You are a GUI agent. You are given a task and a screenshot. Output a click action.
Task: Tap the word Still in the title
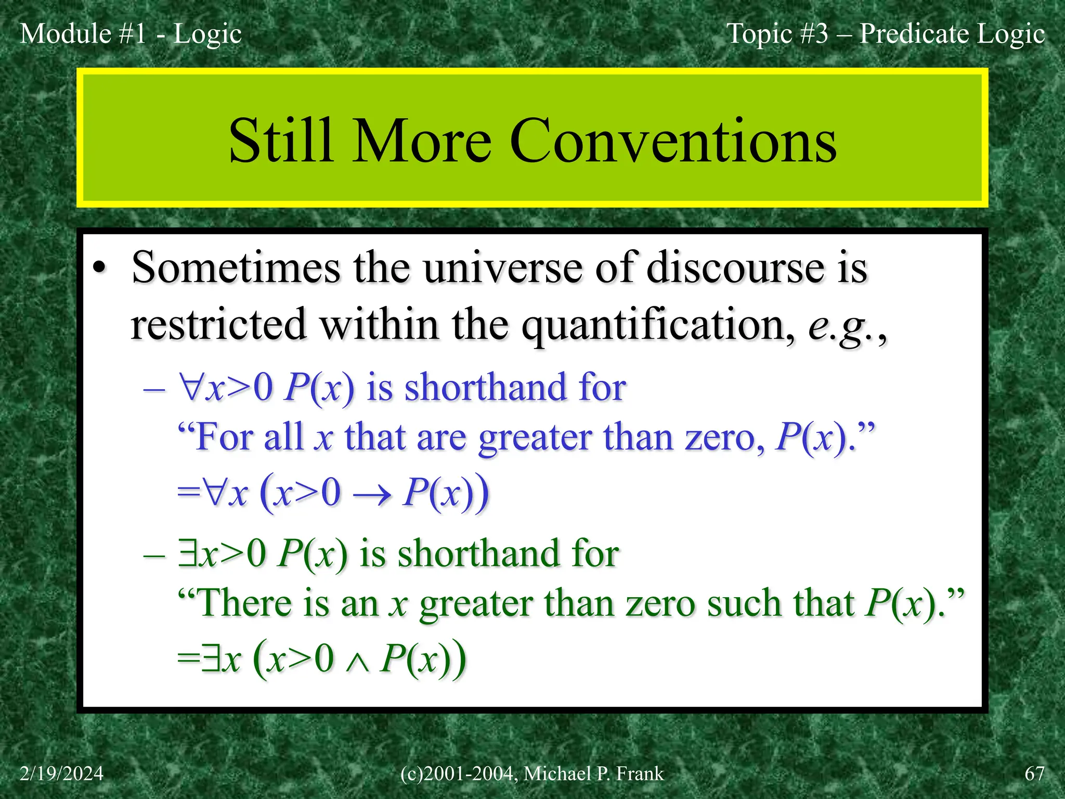pos(281,140)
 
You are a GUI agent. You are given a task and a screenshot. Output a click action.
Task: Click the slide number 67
pos(1034,774)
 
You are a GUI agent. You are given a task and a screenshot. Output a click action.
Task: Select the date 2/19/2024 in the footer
pos(62,774)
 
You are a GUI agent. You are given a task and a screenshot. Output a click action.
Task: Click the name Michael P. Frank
pos(593,774)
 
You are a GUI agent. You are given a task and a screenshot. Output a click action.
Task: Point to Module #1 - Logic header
pos(131,34)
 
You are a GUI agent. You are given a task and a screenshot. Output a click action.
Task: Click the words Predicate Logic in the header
pos(952,34)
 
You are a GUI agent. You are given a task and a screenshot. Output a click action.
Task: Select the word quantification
pos(658,325)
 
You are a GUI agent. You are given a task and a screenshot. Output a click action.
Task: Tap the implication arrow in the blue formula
pos(372,495)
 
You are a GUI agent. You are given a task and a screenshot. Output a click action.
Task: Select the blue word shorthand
pos(485,388)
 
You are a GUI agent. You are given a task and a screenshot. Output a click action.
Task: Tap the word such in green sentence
pos(744,603)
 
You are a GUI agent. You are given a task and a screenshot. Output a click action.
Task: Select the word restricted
pos(218,325)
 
